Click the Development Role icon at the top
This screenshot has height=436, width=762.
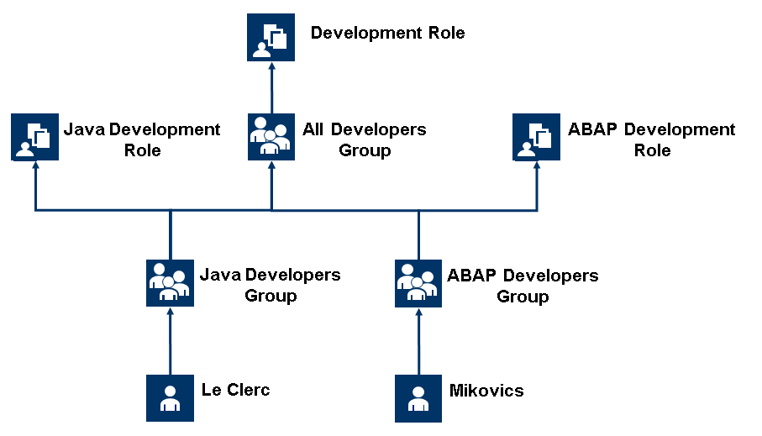tap(271, 37)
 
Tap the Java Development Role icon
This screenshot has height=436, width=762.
tap(34, 136)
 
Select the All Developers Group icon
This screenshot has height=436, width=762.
tap(271, 136)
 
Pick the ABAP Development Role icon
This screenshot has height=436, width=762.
tap(537, 136)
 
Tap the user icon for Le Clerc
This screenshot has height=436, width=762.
tap(170, 397)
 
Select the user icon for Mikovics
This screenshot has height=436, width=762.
tap(418, 397)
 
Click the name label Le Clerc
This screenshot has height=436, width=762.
tap(235, 390)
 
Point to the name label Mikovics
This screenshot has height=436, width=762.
tap(486, 390)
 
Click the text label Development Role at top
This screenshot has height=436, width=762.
tap(387, 34)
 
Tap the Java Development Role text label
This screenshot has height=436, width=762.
tap(142, 139)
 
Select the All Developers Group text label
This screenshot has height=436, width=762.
tap(364, 139)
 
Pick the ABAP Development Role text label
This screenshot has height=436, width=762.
tap(652, 139)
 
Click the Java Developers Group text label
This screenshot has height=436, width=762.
tap(270, 285)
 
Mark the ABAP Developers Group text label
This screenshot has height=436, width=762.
tap(523, 286)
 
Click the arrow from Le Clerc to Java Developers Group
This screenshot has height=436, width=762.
tap(170, 340)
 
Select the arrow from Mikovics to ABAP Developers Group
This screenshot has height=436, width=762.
tap(418, 340)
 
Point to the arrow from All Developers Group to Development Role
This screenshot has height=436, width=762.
tap(271, 87)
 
